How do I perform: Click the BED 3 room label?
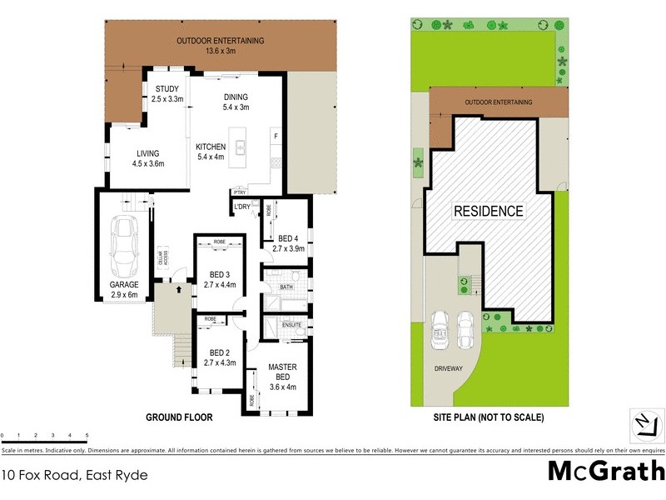point(221,275)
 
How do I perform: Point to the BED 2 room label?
point(220,352)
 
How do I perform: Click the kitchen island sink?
point(241,147)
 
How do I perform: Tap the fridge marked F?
point(276,135)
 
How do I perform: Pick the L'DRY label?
point(242,206)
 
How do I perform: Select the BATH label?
point(286,287)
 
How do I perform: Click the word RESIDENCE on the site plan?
point(488,211)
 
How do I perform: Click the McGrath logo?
point(605,472)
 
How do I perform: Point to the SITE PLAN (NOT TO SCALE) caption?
point(489,417)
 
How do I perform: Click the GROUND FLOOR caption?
point(179,417)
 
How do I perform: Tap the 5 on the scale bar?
point(87,436)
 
